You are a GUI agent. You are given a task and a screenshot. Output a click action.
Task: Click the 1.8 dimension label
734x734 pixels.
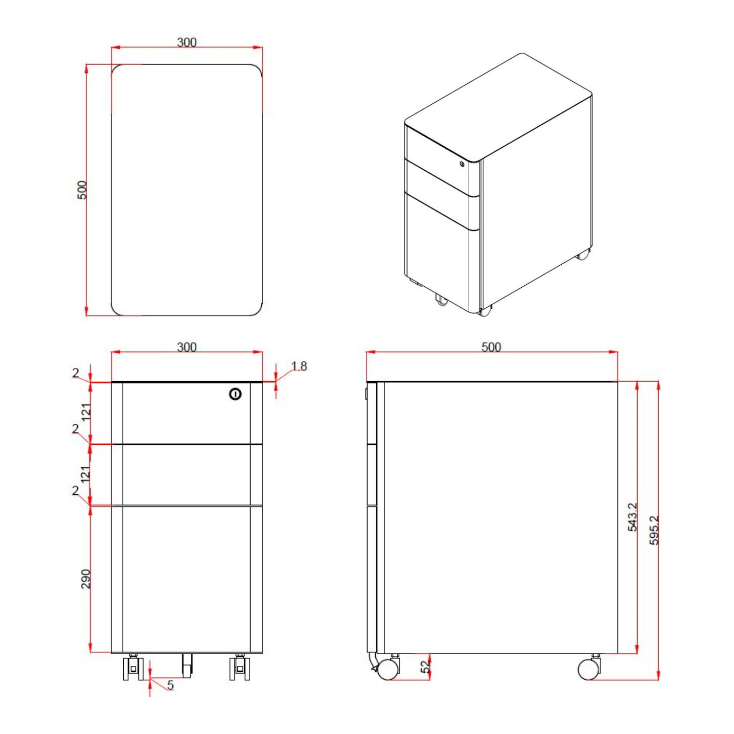[299, 366]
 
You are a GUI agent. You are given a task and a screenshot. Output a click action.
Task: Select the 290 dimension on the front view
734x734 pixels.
[86, 579]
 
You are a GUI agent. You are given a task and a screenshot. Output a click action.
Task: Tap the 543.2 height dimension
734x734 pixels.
[632, 517]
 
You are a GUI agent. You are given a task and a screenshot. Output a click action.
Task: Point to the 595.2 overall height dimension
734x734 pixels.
[654, 530]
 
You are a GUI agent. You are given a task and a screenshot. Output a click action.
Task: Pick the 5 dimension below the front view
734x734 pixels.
[170, 685]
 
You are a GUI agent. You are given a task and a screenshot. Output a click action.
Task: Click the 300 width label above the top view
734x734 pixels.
[186, 43]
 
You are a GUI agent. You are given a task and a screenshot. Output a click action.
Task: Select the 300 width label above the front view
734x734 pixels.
[186, 347]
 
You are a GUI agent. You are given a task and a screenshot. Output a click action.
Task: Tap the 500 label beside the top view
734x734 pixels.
[82, 190]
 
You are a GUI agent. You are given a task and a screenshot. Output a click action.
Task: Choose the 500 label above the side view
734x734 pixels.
[491, 347]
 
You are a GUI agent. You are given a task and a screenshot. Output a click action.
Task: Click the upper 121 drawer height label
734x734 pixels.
[86, 412]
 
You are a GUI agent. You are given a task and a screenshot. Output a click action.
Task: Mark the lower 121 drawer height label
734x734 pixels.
[86, 474]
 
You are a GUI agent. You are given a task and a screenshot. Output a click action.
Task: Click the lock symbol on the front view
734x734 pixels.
[235, 394]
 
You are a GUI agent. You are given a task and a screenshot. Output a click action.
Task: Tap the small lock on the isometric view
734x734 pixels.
[462, 164]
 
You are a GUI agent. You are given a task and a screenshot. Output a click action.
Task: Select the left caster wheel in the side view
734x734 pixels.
[388, 669]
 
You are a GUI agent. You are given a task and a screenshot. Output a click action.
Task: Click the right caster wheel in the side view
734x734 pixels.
[589, 669]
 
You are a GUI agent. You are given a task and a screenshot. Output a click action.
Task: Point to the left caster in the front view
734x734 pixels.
[133, 668]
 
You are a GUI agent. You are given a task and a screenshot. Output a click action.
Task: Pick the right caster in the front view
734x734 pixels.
[239, 668]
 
